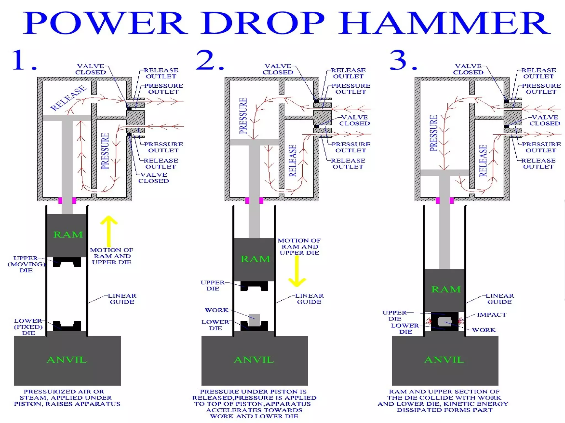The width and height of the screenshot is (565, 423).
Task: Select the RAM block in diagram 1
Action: point(67,235)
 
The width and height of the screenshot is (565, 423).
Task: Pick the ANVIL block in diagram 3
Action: point(445,360)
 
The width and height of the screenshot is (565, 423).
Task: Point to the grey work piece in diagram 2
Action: point(254,320)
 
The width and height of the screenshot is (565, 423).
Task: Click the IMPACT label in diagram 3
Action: point(492,315)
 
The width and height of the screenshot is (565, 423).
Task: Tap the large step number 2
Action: point(206,60)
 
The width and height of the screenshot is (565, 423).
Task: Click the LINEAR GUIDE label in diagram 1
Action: point(122,299)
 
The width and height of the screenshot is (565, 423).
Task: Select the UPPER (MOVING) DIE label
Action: point(26,264)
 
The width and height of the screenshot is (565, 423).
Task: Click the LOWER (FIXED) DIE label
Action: point(28,327)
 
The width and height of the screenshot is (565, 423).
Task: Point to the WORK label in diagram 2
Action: point(216,310)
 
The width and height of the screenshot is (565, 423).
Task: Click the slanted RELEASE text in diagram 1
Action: point(68,98)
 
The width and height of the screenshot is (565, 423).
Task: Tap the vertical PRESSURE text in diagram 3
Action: point(433,133)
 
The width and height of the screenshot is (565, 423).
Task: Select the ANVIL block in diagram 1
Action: point(67,360)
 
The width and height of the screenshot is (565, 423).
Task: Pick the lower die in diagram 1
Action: point(67,326)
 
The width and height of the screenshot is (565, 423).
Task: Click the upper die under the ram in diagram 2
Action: point(254,286)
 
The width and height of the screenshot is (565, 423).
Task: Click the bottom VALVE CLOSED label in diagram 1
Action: point(153,178)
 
